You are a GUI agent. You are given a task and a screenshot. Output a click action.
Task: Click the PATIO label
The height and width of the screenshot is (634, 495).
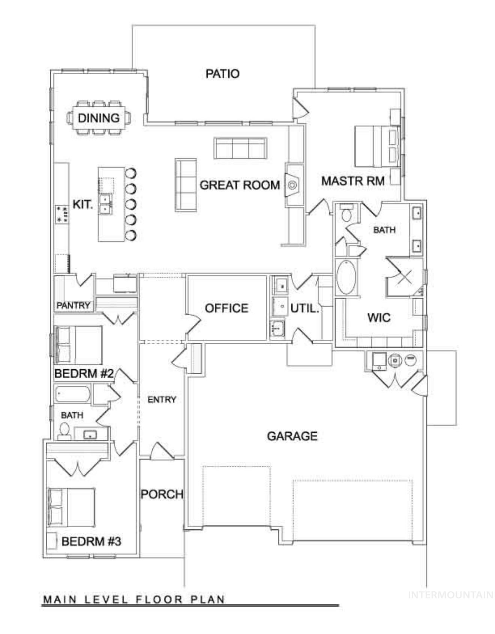point(222,73)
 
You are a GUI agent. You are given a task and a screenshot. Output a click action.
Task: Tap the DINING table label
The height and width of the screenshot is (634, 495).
point(99,118)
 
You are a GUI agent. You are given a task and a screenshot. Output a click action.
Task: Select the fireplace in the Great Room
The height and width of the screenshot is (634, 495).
point(293,184)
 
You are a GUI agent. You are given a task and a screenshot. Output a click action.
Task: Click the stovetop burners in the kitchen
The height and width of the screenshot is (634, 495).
point(62,214)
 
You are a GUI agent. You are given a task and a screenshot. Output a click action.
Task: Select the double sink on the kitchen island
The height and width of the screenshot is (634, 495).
point(105,204)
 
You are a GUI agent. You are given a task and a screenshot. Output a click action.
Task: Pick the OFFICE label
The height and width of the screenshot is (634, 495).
point(226,308)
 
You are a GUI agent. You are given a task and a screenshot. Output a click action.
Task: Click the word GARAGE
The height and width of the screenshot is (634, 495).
point(292,436)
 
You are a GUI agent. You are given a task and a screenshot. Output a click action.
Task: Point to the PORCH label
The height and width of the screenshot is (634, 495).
point(162,495)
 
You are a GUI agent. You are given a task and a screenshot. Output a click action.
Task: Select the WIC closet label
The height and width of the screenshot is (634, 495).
point(379,318)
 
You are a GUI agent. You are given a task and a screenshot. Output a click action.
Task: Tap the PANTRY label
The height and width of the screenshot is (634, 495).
point(73,305)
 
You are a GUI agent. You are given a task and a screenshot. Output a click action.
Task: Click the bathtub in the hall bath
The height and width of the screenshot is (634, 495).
point(72,394)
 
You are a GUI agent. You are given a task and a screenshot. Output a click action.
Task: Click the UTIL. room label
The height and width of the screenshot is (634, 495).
point(304,309)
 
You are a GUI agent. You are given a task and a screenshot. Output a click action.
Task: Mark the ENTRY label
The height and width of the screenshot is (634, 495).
point(162,400)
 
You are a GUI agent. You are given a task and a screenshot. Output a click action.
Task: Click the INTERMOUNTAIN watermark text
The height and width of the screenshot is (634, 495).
point(450,595)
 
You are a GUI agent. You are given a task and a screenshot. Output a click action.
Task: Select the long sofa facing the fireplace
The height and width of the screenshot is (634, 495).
point(186,184)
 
